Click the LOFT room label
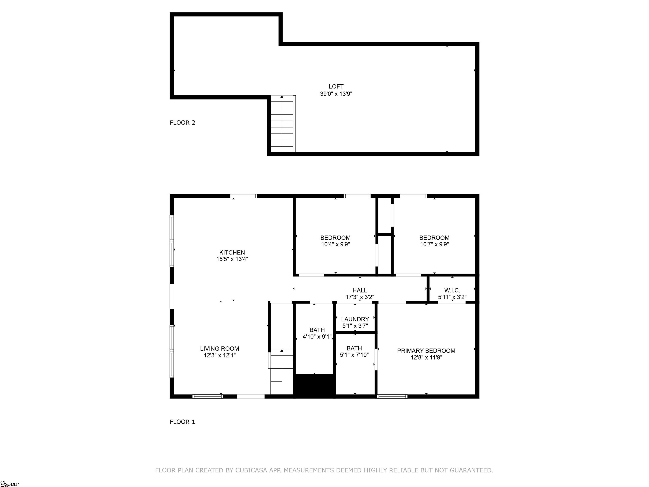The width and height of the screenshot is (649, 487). (336, 87)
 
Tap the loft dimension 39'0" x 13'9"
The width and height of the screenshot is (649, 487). (336, 94)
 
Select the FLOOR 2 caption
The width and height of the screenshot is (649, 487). (182, 123)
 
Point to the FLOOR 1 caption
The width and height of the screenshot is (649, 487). (182, 422)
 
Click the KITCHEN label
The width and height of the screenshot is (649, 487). (232, 252)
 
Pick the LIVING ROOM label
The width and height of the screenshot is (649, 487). (220, 349)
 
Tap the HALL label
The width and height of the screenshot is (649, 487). (360, 291)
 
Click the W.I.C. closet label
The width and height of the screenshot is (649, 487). (452, 290)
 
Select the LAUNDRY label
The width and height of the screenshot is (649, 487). (355, 319)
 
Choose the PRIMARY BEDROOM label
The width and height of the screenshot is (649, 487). (426, 351)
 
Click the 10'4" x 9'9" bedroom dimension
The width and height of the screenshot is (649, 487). (335, 244)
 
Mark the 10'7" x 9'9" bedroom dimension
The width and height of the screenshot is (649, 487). (434, 244)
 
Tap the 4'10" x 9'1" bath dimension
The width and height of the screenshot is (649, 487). (317, 337)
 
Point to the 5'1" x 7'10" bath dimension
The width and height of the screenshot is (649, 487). (354, 355)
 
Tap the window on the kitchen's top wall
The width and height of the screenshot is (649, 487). (244, 196)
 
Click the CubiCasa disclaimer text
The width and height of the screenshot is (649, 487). (324, 470)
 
